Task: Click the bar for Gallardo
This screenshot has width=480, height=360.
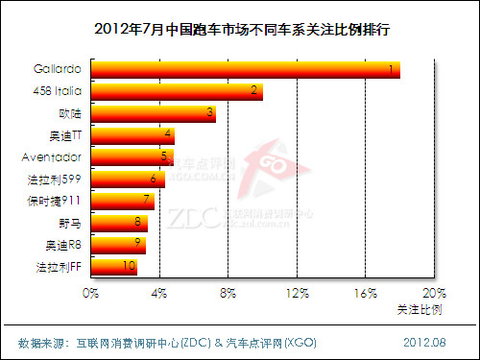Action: tap(246, 70)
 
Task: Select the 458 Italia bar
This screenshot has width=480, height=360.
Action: tap(178, 91)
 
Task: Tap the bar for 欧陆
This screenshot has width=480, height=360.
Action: tap(154, 113)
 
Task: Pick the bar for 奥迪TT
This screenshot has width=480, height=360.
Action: tap(132, 134)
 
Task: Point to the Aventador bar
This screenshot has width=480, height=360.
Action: tap(132, 156)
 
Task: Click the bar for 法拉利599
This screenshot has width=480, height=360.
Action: tap(128, 179)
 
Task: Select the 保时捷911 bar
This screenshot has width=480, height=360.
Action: tap(123, 200)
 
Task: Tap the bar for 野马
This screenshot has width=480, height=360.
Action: tap(120, 222)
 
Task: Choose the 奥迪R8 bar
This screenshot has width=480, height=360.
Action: tap(119, 243)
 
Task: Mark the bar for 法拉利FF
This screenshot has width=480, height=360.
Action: tap(114, 265)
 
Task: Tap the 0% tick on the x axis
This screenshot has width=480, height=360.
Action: tap(91, 292)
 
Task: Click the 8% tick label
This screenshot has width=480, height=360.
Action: tap(228, 292)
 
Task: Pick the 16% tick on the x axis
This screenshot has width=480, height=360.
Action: tap(366, 292)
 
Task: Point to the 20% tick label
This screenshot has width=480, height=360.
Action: tap(434, 292)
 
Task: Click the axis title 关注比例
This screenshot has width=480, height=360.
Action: tap(420, 310)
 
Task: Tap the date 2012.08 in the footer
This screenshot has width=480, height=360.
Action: tap(424, 342)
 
